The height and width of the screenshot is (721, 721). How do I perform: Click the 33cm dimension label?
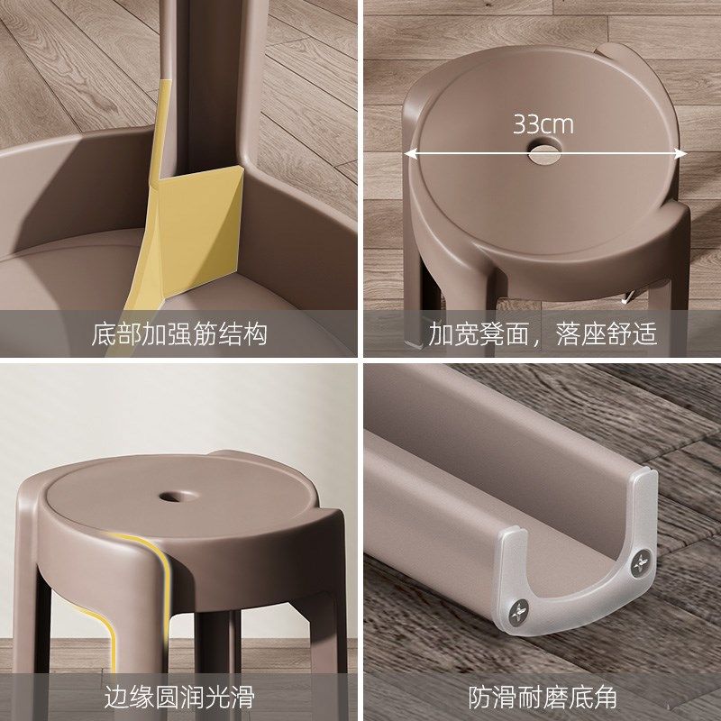click(x=543, y=123)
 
